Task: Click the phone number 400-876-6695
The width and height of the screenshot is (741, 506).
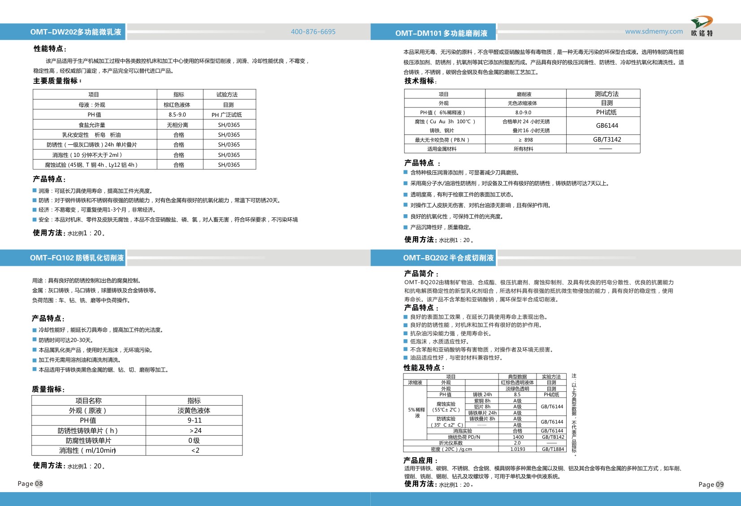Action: [313, 32]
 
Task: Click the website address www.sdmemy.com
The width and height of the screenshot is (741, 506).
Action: [654, 31]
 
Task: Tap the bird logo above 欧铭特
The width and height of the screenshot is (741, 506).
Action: [702, 22]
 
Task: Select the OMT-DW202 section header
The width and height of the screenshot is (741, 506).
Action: [76, 32]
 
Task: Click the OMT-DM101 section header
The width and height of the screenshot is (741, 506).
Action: [441, 33]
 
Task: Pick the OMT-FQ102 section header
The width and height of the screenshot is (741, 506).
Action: [77, 258]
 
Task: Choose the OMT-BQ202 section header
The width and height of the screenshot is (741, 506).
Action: [448, 258]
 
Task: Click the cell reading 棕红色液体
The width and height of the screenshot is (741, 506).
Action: [177, 105]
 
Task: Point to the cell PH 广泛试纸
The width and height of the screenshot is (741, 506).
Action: [227, 115]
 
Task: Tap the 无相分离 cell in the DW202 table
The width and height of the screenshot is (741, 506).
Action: [178, 125]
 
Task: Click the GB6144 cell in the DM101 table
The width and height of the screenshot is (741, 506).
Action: [607, 126]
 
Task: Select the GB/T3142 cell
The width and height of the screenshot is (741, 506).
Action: [607, 140]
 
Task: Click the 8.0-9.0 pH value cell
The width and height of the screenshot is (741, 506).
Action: [523, 113]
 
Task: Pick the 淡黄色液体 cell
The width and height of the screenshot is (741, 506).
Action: [194, 411]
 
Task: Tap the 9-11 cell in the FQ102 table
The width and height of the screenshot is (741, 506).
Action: [195, 420]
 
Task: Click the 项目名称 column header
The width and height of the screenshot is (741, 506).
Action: [88, 401]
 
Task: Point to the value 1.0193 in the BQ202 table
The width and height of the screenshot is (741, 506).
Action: [518, 449]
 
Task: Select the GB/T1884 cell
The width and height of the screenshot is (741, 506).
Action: [553, 449]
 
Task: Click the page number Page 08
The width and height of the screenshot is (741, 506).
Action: [30, 484]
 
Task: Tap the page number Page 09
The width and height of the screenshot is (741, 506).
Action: [711, 484]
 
